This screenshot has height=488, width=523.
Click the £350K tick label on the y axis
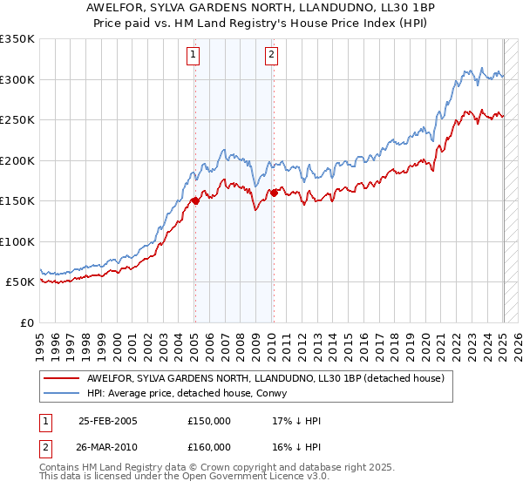17,39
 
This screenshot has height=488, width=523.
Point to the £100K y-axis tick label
17,241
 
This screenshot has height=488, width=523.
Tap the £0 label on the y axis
26,322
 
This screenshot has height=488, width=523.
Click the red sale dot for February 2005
195,200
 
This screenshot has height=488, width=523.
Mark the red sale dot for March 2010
274,193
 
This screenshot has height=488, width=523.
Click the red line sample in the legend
62,378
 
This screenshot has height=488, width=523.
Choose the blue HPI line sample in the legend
62,393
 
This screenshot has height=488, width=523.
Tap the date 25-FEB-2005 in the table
108,421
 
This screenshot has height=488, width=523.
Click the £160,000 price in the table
209,447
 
